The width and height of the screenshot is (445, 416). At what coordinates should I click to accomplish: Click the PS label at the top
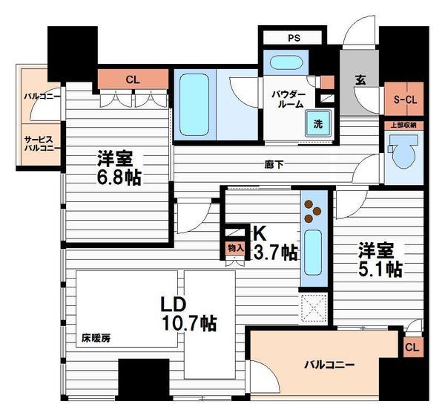293,38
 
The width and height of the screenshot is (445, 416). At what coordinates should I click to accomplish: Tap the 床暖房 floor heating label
96,338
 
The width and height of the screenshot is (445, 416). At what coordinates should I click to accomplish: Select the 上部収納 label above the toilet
403,125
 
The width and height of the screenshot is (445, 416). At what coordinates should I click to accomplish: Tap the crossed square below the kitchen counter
314,306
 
